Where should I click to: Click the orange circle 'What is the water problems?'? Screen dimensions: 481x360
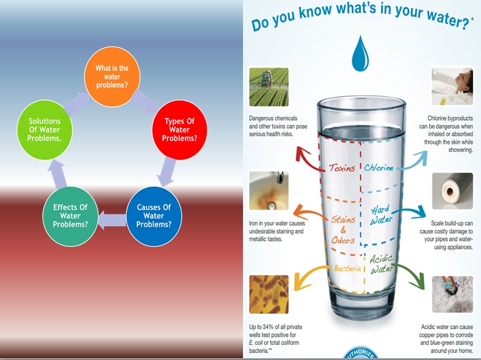112,77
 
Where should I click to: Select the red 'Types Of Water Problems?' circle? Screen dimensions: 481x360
180,130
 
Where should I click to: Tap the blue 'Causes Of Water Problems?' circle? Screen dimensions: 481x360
154,216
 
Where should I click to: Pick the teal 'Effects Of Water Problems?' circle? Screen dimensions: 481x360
71,216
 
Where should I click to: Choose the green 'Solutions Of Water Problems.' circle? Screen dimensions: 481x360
45,130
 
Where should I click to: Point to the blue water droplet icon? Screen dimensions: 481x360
360,53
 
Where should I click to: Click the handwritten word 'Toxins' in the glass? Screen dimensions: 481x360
342,168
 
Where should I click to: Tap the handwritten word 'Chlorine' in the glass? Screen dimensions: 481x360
379,167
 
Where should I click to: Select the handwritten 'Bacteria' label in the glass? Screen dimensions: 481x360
347,269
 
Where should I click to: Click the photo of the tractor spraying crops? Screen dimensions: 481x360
269,87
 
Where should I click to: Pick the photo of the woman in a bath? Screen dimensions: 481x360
452,86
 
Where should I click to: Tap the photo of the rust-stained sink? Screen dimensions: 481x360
269,191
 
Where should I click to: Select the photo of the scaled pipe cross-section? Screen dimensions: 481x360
452,191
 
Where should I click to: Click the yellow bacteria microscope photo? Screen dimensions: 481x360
269,294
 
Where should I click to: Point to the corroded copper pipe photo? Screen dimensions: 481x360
452,294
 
